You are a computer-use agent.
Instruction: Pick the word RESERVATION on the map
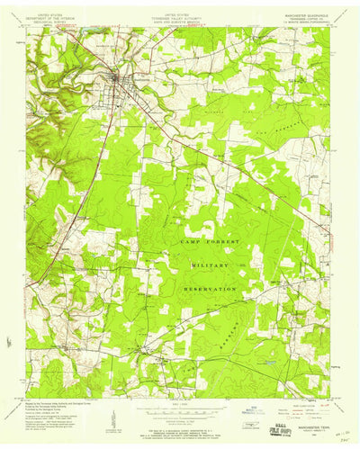pos(212,289)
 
